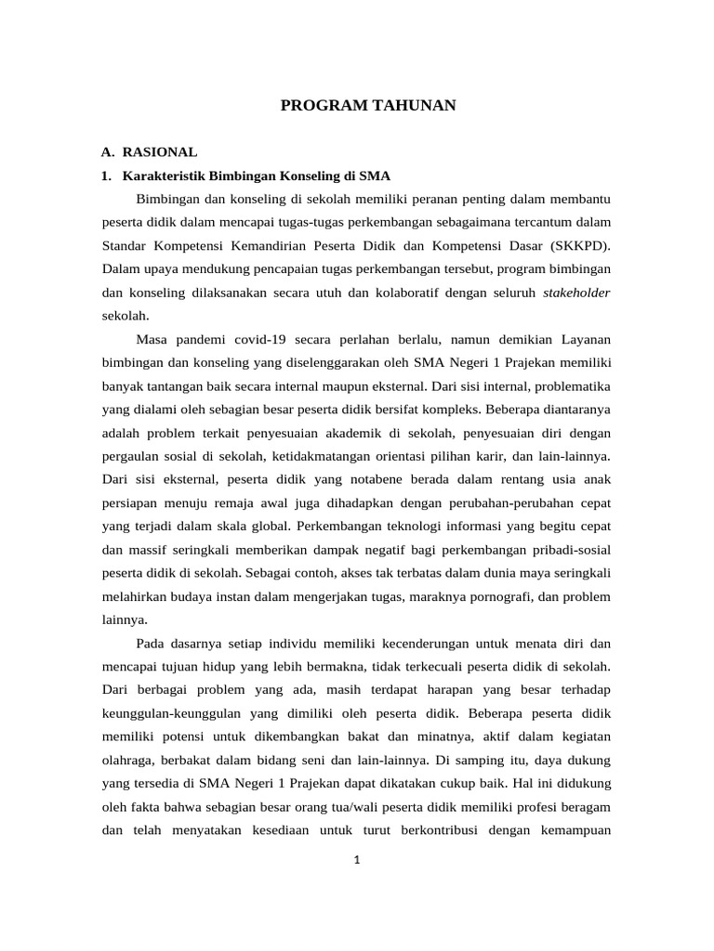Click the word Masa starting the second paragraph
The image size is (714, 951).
tap(152, 340)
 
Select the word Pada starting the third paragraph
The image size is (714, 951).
tap(152, 643)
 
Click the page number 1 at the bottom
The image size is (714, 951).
tap(356, 860)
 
